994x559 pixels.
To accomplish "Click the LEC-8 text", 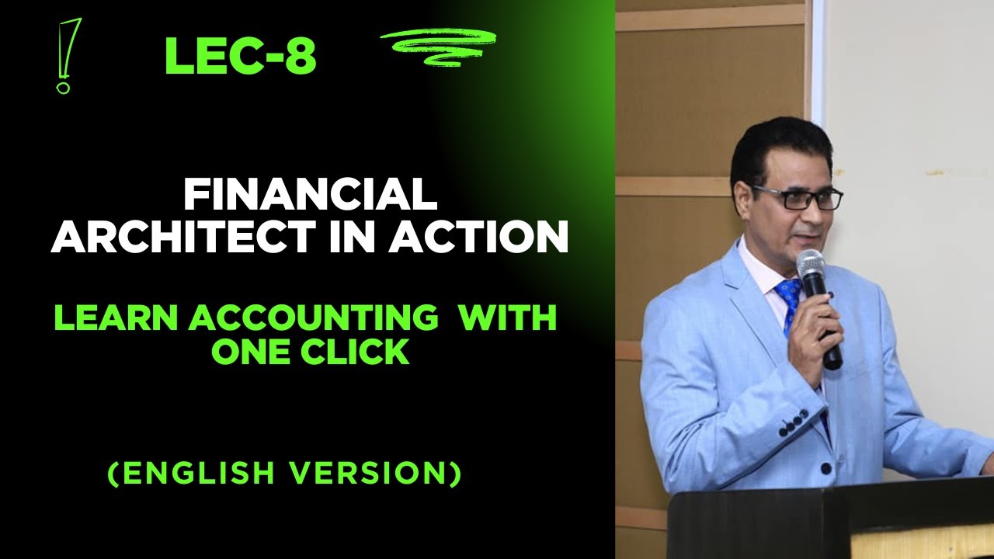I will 240,57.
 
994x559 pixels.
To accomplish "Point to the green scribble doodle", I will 438,47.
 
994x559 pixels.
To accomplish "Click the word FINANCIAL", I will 310,195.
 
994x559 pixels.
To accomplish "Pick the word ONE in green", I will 249,352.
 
